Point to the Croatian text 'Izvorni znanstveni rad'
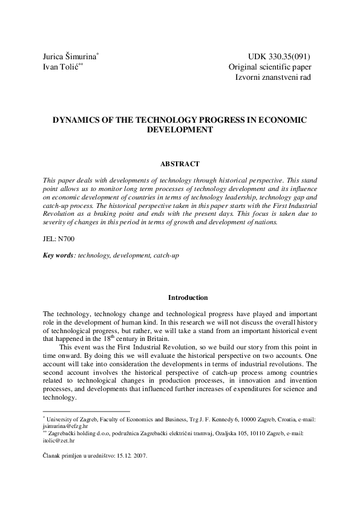(x=273, y=77)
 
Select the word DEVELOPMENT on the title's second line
(x=180, y=129)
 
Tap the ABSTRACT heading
(x=180, y=164)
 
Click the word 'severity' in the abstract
(x=60, y=222)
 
